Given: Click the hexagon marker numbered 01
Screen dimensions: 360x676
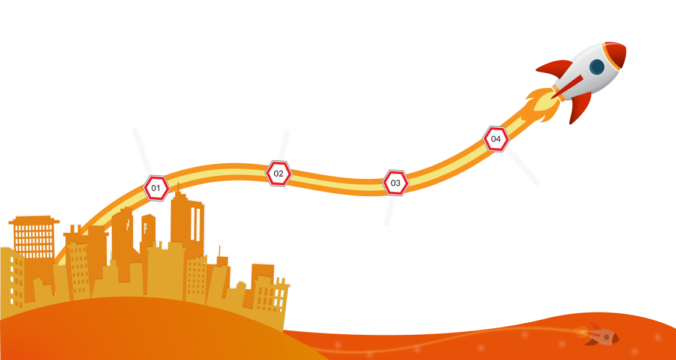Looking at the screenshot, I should (155, 188).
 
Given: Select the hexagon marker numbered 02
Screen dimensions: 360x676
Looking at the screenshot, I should (279, 174).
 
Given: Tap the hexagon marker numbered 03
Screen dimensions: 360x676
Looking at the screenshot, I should (396, 182).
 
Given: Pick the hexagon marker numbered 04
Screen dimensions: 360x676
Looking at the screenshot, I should (496, 139).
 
